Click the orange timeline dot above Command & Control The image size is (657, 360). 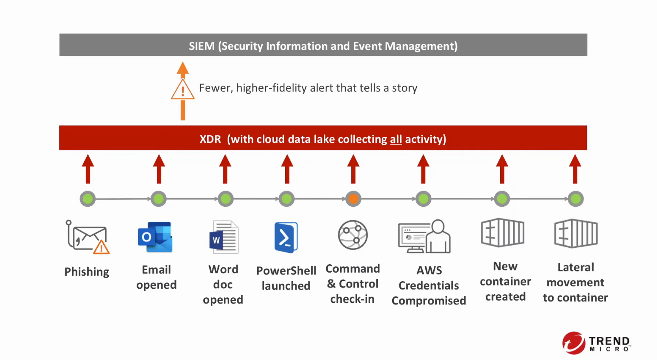[x=353, y=199]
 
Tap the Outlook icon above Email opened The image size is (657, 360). [x=155, y=237]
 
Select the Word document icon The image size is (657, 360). [x=224, y=237]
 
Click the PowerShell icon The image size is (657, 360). [x=286, y=238]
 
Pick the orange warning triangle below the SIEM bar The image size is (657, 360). [x=182, y=90]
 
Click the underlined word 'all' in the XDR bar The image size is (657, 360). [x=396, y=139]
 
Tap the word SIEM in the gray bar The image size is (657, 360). [x=201, y=46]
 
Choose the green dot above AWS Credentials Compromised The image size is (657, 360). [x=423, y=199]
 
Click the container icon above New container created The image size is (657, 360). [x=503, y=233]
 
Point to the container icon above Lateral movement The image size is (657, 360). [x=576, y=234]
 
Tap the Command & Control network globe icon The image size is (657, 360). [x=353, y=235]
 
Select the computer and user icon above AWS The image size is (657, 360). [x=425, y=237]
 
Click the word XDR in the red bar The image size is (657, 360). [x=210, y=139]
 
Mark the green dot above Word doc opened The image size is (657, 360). [x=225, y=199]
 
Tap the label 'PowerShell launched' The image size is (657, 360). [x=286, y=278]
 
